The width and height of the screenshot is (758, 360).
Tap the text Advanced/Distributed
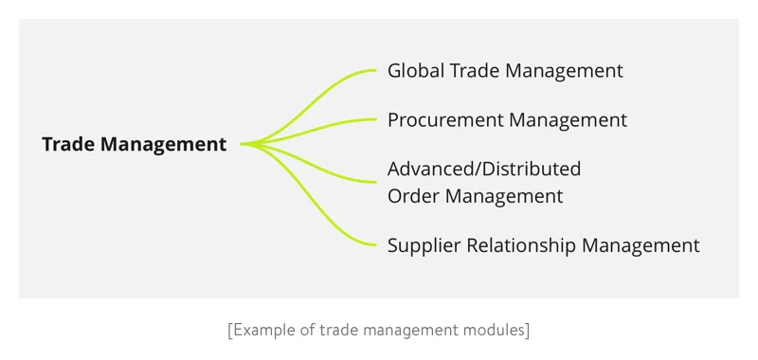coord(484,170)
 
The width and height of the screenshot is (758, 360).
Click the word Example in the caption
coord(263,331)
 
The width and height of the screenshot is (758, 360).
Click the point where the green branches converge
coord(244,144)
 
